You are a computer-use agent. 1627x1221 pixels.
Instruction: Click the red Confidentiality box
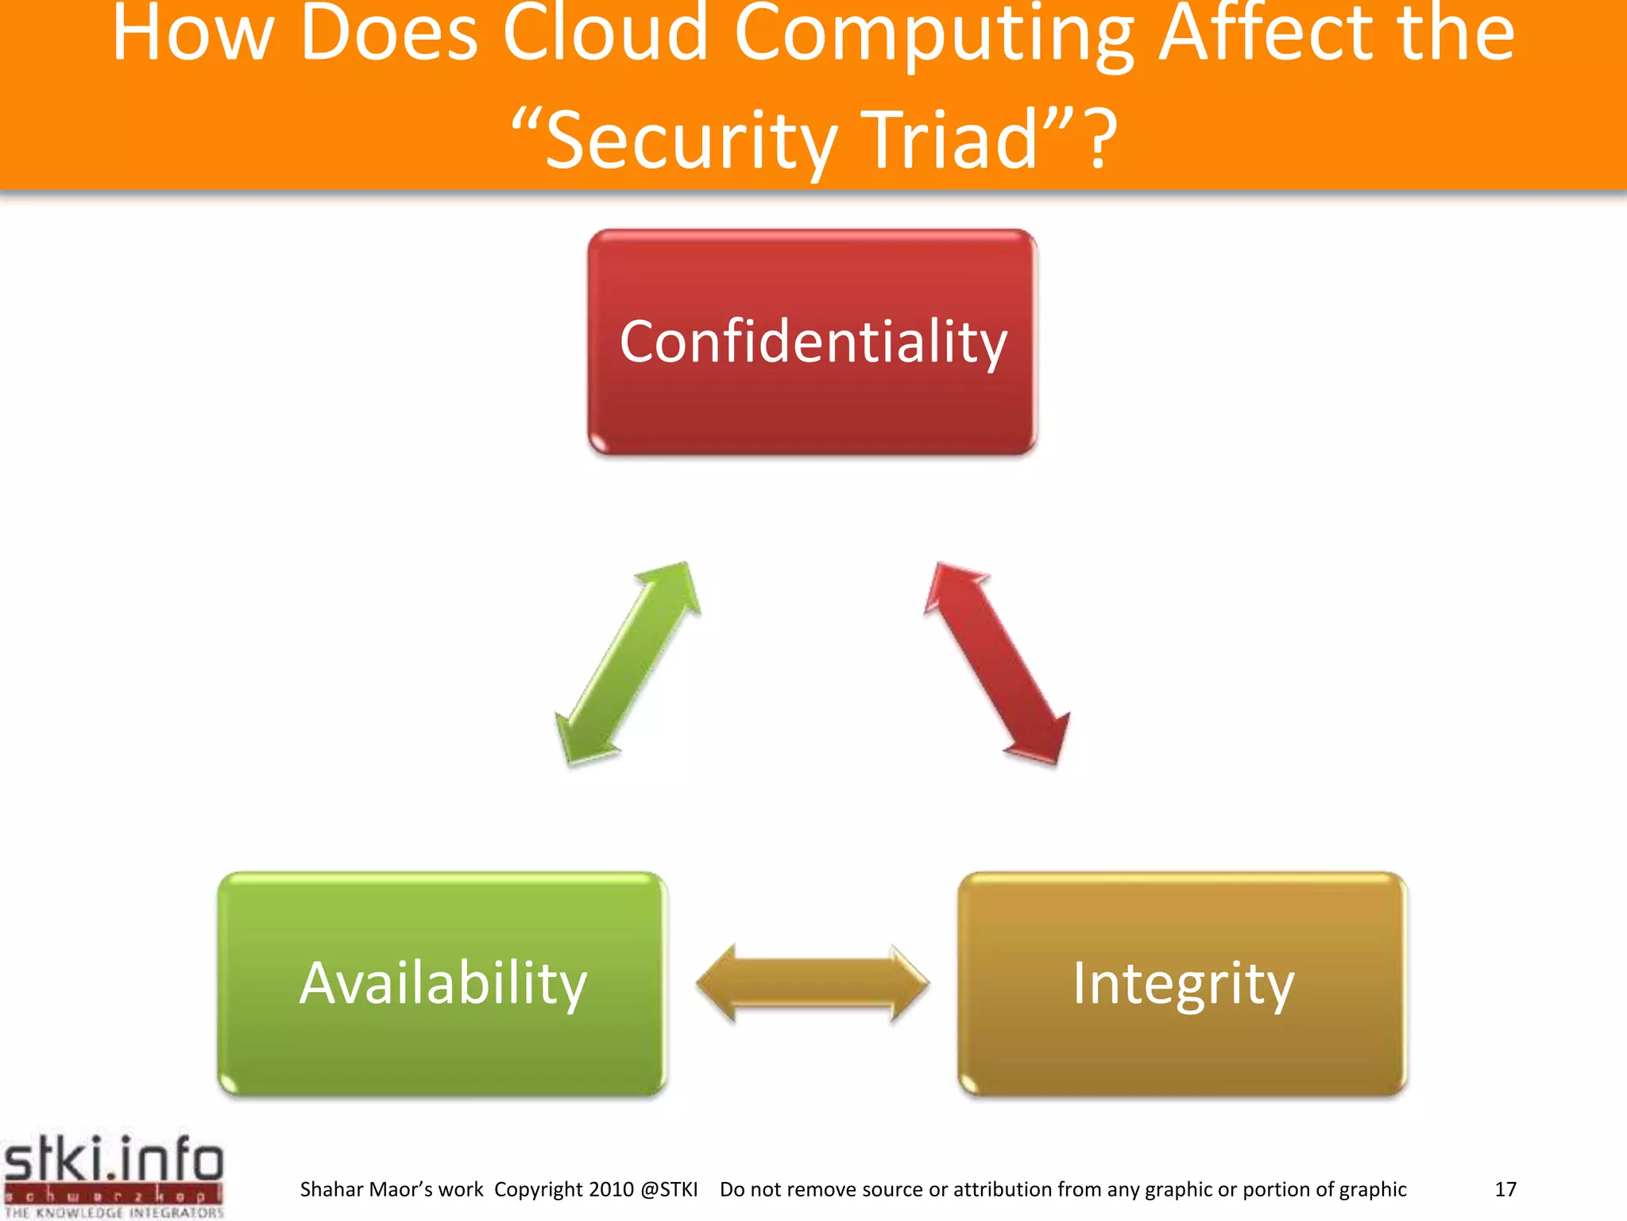click(x=812, y=342)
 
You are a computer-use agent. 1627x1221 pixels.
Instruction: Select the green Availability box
click(x=442, y=984)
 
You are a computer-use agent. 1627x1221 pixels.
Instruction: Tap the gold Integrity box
click(x=1182, y=984)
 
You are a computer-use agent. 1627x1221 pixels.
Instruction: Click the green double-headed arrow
click(x=628, y=664)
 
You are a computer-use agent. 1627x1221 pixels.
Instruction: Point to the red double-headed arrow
click(x=997, y=664)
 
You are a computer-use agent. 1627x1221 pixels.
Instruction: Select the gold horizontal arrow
click(x=812, y=984)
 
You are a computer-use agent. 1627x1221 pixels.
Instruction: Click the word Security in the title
click(x=691, y=141)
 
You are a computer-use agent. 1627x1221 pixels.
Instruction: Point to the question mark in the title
click(x=1102, y=141)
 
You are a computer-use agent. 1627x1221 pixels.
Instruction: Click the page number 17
click(x=1505, y=1189)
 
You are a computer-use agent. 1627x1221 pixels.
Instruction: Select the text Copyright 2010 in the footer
click(x=563, y=1189)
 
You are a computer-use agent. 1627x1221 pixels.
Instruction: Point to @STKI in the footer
click(x=668, y=1189)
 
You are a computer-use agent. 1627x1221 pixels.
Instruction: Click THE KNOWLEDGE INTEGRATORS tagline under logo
click(x=114, y=1213)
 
